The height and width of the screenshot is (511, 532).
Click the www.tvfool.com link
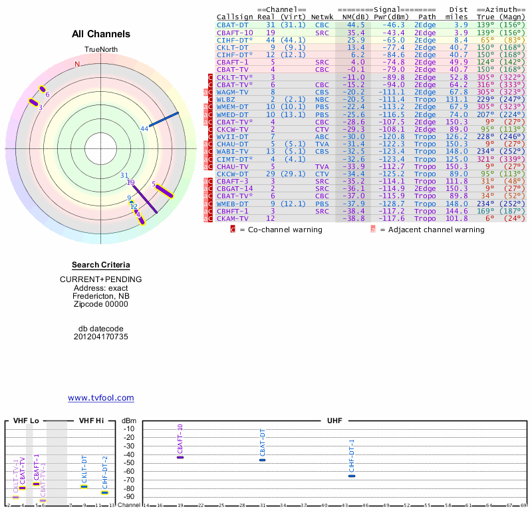coord(100,398)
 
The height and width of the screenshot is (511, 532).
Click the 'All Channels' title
coord(101,34)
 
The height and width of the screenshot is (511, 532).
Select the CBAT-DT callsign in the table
coord(232,25)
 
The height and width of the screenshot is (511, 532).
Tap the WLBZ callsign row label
coord(226,99)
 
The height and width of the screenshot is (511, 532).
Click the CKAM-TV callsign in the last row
coord(232,218)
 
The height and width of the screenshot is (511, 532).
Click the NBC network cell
coord(321,99)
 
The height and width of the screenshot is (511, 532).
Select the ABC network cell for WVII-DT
coord(321,136)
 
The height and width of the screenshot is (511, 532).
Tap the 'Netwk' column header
coord(322,17)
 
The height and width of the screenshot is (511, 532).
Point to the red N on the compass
coord(77,64)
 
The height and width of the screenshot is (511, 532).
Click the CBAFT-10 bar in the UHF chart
coord(180,457)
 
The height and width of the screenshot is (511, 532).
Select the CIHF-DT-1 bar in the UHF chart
coord(352,476)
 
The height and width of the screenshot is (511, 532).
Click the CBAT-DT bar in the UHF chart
coord(262,460)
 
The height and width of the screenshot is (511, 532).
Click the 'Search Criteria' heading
coord(101,265)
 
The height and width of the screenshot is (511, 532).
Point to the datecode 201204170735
coord(101,337)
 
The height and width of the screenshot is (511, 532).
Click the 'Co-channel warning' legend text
coord(285,230)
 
